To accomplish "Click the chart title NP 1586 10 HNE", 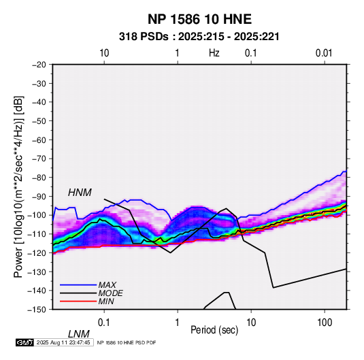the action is (199, 19).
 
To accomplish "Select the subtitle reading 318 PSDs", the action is (144, 37).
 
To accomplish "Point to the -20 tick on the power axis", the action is (39, 65).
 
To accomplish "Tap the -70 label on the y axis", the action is (39, 159).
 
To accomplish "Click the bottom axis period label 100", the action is (325, 323).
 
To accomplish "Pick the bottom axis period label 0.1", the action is (104, 323).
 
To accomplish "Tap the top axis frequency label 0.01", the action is (324, 53).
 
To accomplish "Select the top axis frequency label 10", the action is (104, 53).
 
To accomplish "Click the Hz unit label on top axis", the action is (214, 53).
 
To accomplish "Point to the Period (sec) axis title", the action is (214, 330).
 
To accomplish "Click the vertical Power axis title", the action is (18, 186).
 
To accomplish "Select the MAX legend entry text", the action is (107, 285).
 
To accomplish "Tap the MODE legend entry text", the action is (110, 293).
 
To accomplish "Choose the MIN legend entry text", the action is (106, 301).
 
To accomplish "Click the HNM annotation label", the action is (80, 193).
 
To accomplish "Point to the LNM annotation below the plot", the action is (79, 334).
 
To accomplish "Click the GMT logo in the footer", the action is (25, 342).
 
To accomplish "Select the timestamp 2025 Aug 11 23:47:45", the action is (63, 342).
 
